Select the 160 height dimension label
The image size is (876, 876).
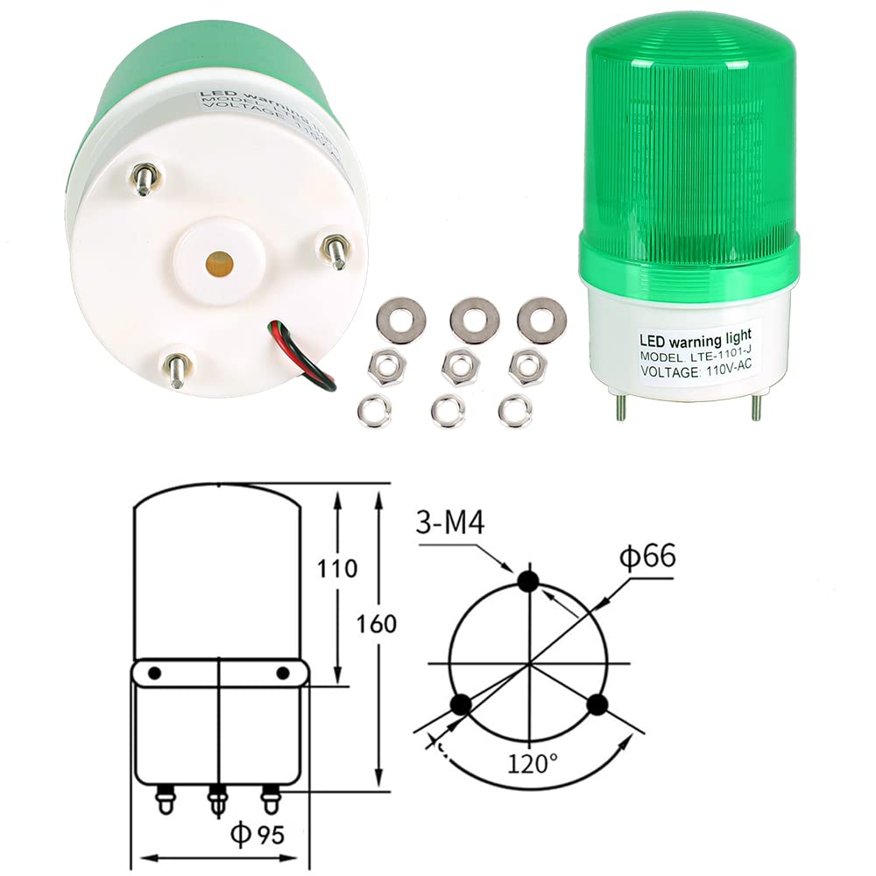(x=378, y=625)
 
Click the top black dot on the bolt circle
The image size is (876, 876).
(x=528, y=581)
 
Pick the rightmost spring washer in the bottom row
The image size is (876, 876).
(x=515, y=410)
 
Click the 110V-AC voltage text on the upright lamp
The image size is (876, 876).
(x=731, y=371)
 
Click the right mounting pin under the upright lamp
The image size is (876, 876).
(x=755, y=406)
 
